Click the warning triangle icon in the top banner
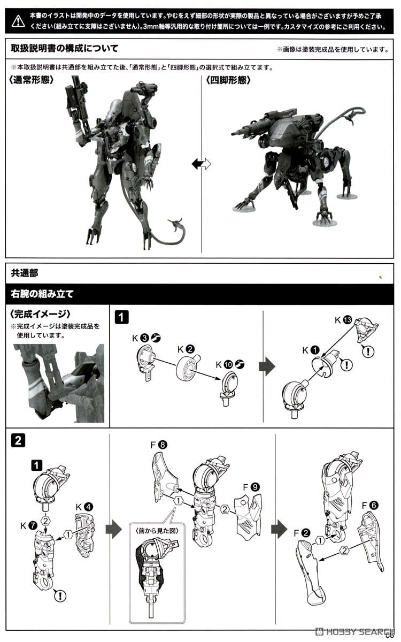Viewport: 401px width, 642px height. (x=18, y=21)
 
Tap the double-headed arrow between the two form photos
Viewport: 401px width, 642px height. (x=201, y=164)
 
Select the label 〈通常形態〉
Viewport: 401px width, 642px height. (x=32, y=80)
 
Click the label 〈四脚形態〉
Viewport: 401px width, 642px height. (x=228, y=80)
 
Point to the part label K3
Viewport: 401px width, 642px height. (x=140, y=338)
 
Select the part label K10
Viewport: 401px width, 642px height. (x=224, y=364)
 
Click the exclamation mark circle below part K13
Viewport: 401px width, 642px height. (x=368, y=351)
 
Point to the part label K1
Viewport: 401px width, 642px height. (x=311, y=350)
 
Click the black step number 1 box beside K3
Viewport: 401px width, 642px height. (x=121, y=317)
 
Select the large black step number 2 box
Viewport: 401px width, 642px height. (x=18, y=440)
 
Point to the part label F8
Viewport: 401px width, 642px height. (x=159, y=445)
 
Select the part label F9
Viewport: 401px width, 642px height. (x=251, y=487)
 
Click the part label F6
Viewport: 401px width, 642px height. (x=370, y=505)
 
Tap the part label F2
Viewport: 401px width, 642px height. (x=302, y=533)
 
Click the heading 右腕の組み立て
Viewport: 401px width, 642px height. (x=42, y=294)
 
